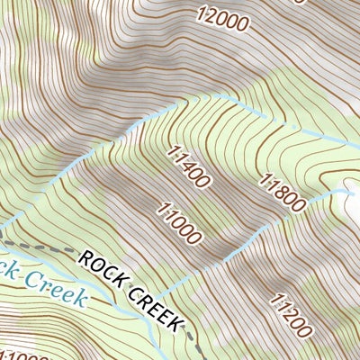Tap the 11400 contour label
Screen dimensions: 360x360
click(x=189, y=166)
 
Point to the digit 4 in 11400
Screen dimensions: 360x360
click(x=188, y=166)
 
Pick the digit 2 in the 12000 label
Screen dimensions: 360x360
click(x=209, y=13)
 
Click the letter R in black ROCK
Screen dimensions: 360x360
click(x=86, y=258)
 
